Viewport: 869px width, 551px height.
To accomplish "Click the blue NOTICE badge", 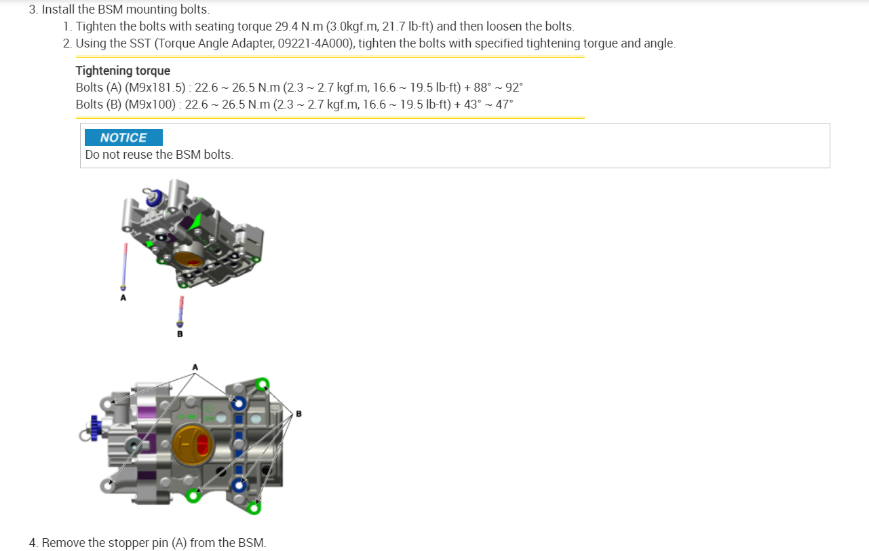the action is coord(123,137).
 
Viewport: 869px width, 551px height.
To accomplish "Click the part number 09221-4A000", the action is coord(314,43).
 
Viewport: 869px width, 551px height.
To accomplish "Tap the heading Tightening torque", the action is coord(123,71).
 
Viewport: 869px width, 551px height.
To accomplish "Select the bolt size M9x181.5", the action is coord(155,88).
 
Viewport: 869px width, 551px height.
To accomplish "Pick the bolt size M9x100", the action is coord(150,104).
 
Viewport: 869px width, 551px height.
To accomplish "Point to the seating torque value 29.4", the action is coord(286,26).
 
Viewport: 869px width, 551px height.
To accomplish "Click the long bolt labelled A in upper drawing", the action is coord(124,267).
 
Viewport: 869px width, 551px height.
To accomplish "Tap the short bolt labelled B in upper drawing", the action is coord(180,312).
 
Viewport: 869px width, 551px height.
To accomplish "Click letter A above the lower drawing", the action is coord(195,367).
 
